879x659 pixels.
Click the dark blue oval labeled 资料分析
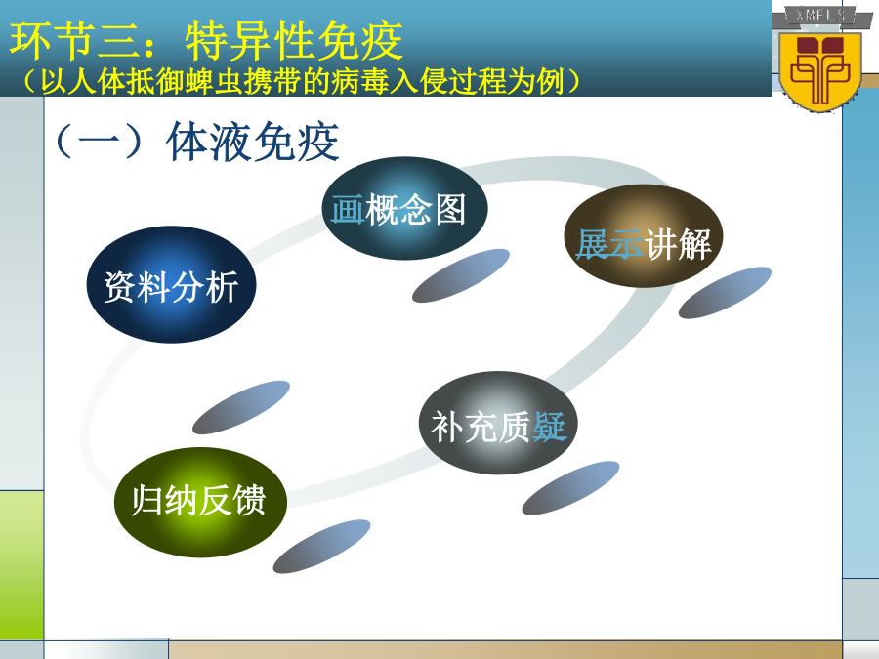(171, 284)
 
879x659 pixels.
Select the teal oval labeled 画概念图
(404, 208)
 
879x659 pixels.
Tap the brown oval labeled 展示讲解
(644, 236)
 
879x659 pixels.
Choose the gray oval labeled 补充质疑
(498, 423)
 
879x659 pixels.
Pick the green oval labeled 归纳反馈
(200, 502)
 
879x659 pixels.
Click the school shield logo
(820, 69)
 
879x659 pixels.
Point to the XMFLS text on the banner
(820, 15)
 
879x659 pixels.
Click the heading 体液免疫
(252, 143)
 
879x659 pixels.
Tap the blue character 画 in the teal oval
(348, 210)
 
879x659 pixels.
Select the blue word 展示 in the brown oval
(609, 244)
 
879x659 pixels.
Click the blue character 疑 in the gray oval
(549, 427)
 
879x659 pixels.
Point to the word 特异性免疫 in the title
(294, 41)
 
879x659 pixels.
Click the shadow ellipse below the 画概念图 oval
(461, 275)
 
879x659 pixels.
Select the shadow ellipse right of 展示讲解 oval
(725, 293)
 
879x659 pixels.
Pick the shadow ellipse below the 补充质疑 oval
(570, 487)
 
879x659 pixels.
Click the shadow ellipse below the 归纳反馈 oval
(321, 547)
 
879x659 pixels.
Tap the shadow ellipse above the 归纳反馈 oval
(241, 407)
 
